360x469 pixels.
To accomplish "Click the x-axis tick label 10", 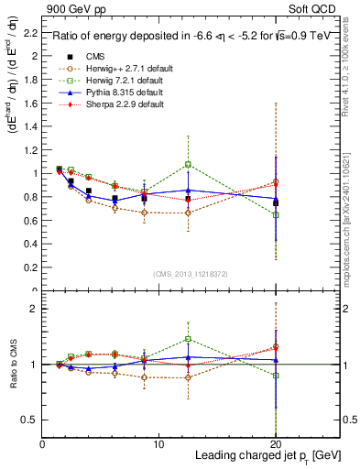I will click(x=159, y=443).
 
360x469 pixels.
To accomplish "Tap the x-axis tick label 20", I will click(x=276, y=443).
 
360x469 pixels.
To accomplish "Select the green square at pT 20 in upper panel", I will click(x=276, y=214).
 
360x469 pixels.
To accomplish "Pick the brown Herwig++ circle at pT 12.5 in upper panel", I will click(x=188, y=213).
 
